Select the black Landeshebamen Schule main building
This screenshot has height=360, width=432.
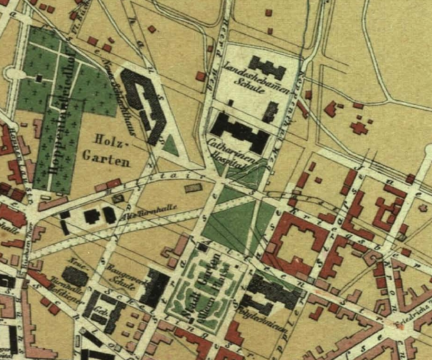(266, 68)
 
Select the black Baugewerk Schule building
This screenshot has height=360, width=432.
(154, 288)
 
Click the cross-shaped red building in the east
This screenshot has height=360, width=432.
(358, 128)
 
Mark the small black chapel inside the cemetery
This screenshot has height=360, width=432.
(55, 93)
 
